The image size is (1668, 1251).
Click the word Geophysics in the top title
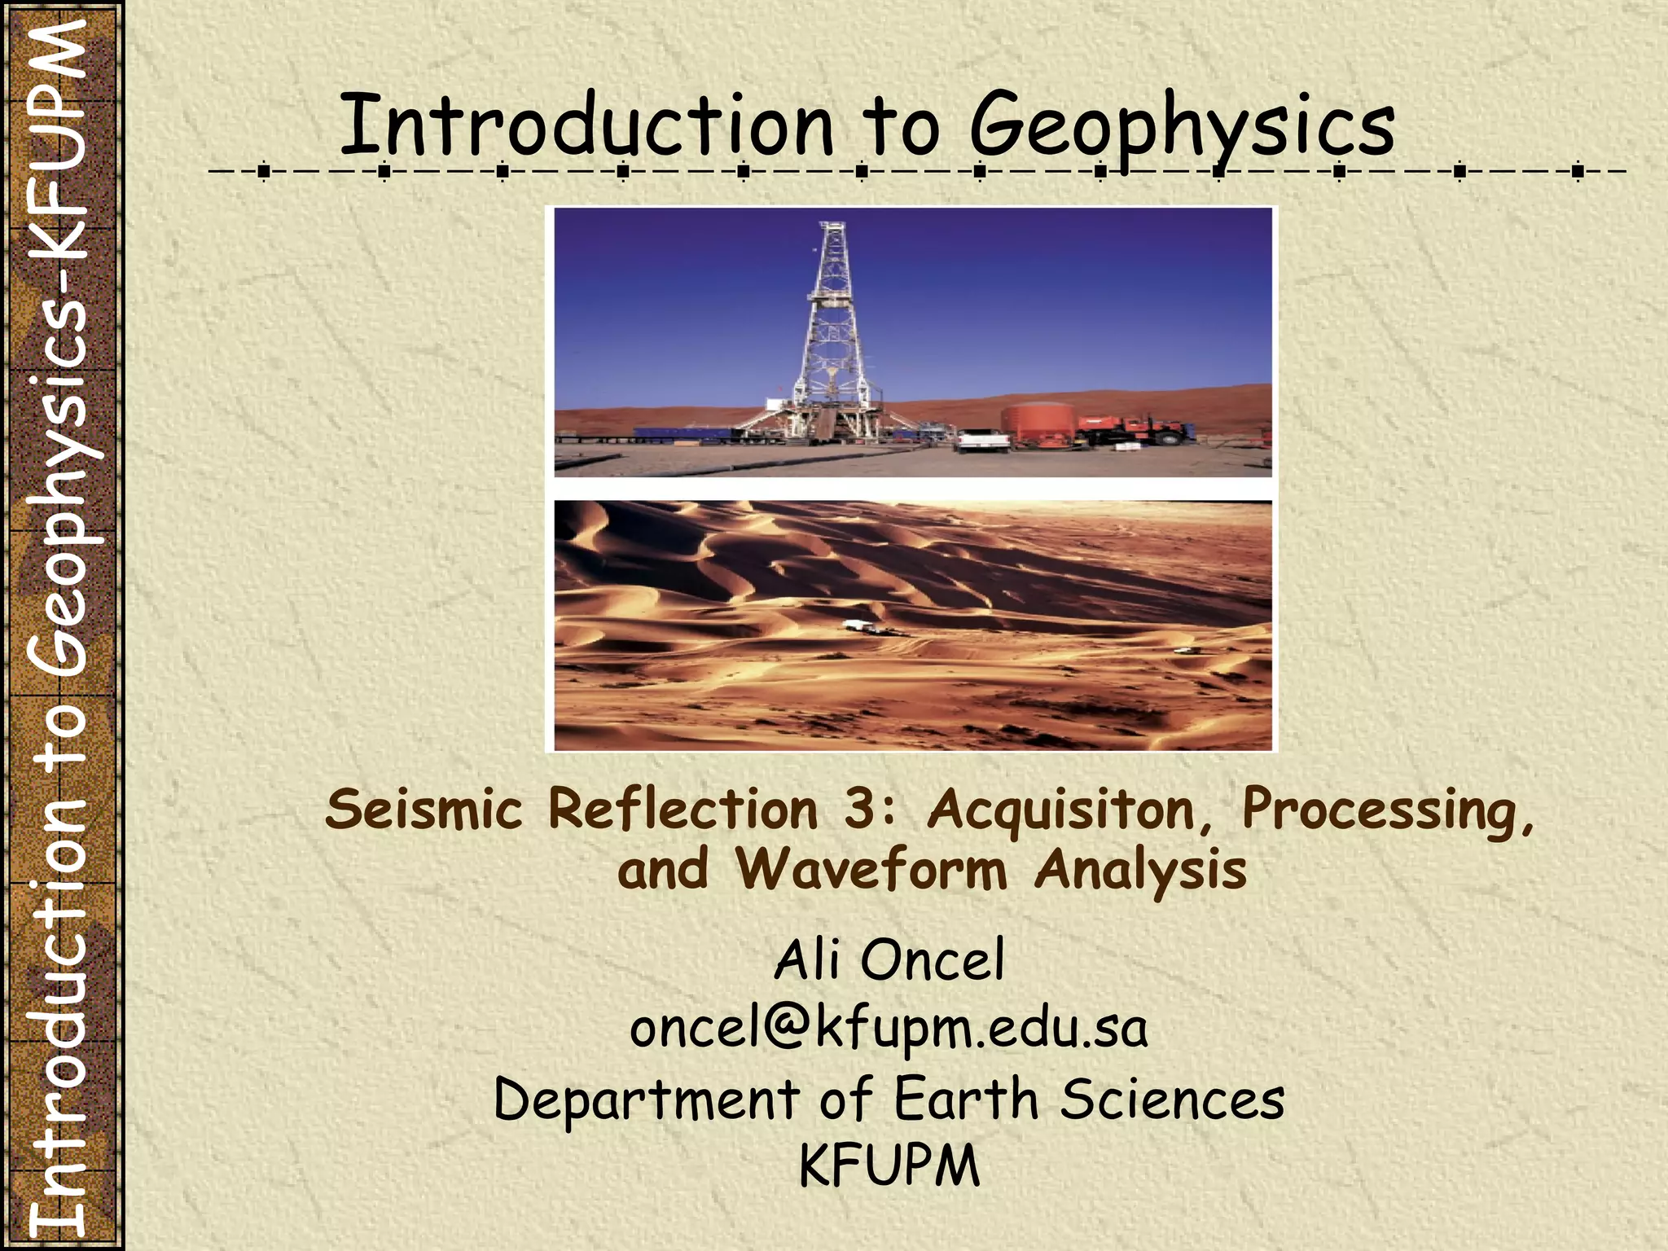point(1182,126)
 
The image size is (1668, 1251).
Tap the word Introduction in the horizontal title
point(586,126)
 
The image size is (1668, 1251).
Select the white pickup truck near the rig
point(982,441)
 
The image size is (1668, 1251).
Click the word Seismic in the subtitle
point(424,810)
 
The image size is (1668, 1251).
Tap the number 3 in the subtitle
point(860,810)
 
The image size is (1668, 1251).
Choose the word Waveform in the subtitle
point(871,870)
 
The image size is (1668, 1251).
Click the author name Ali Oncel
point(889,960)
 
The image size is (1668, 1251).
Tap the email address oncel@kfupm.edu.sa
point(889,1029)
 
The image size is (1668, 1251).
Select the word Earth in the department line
point(966,1099)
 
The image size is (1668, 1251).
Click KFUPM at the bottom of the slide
point(889,1166)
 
